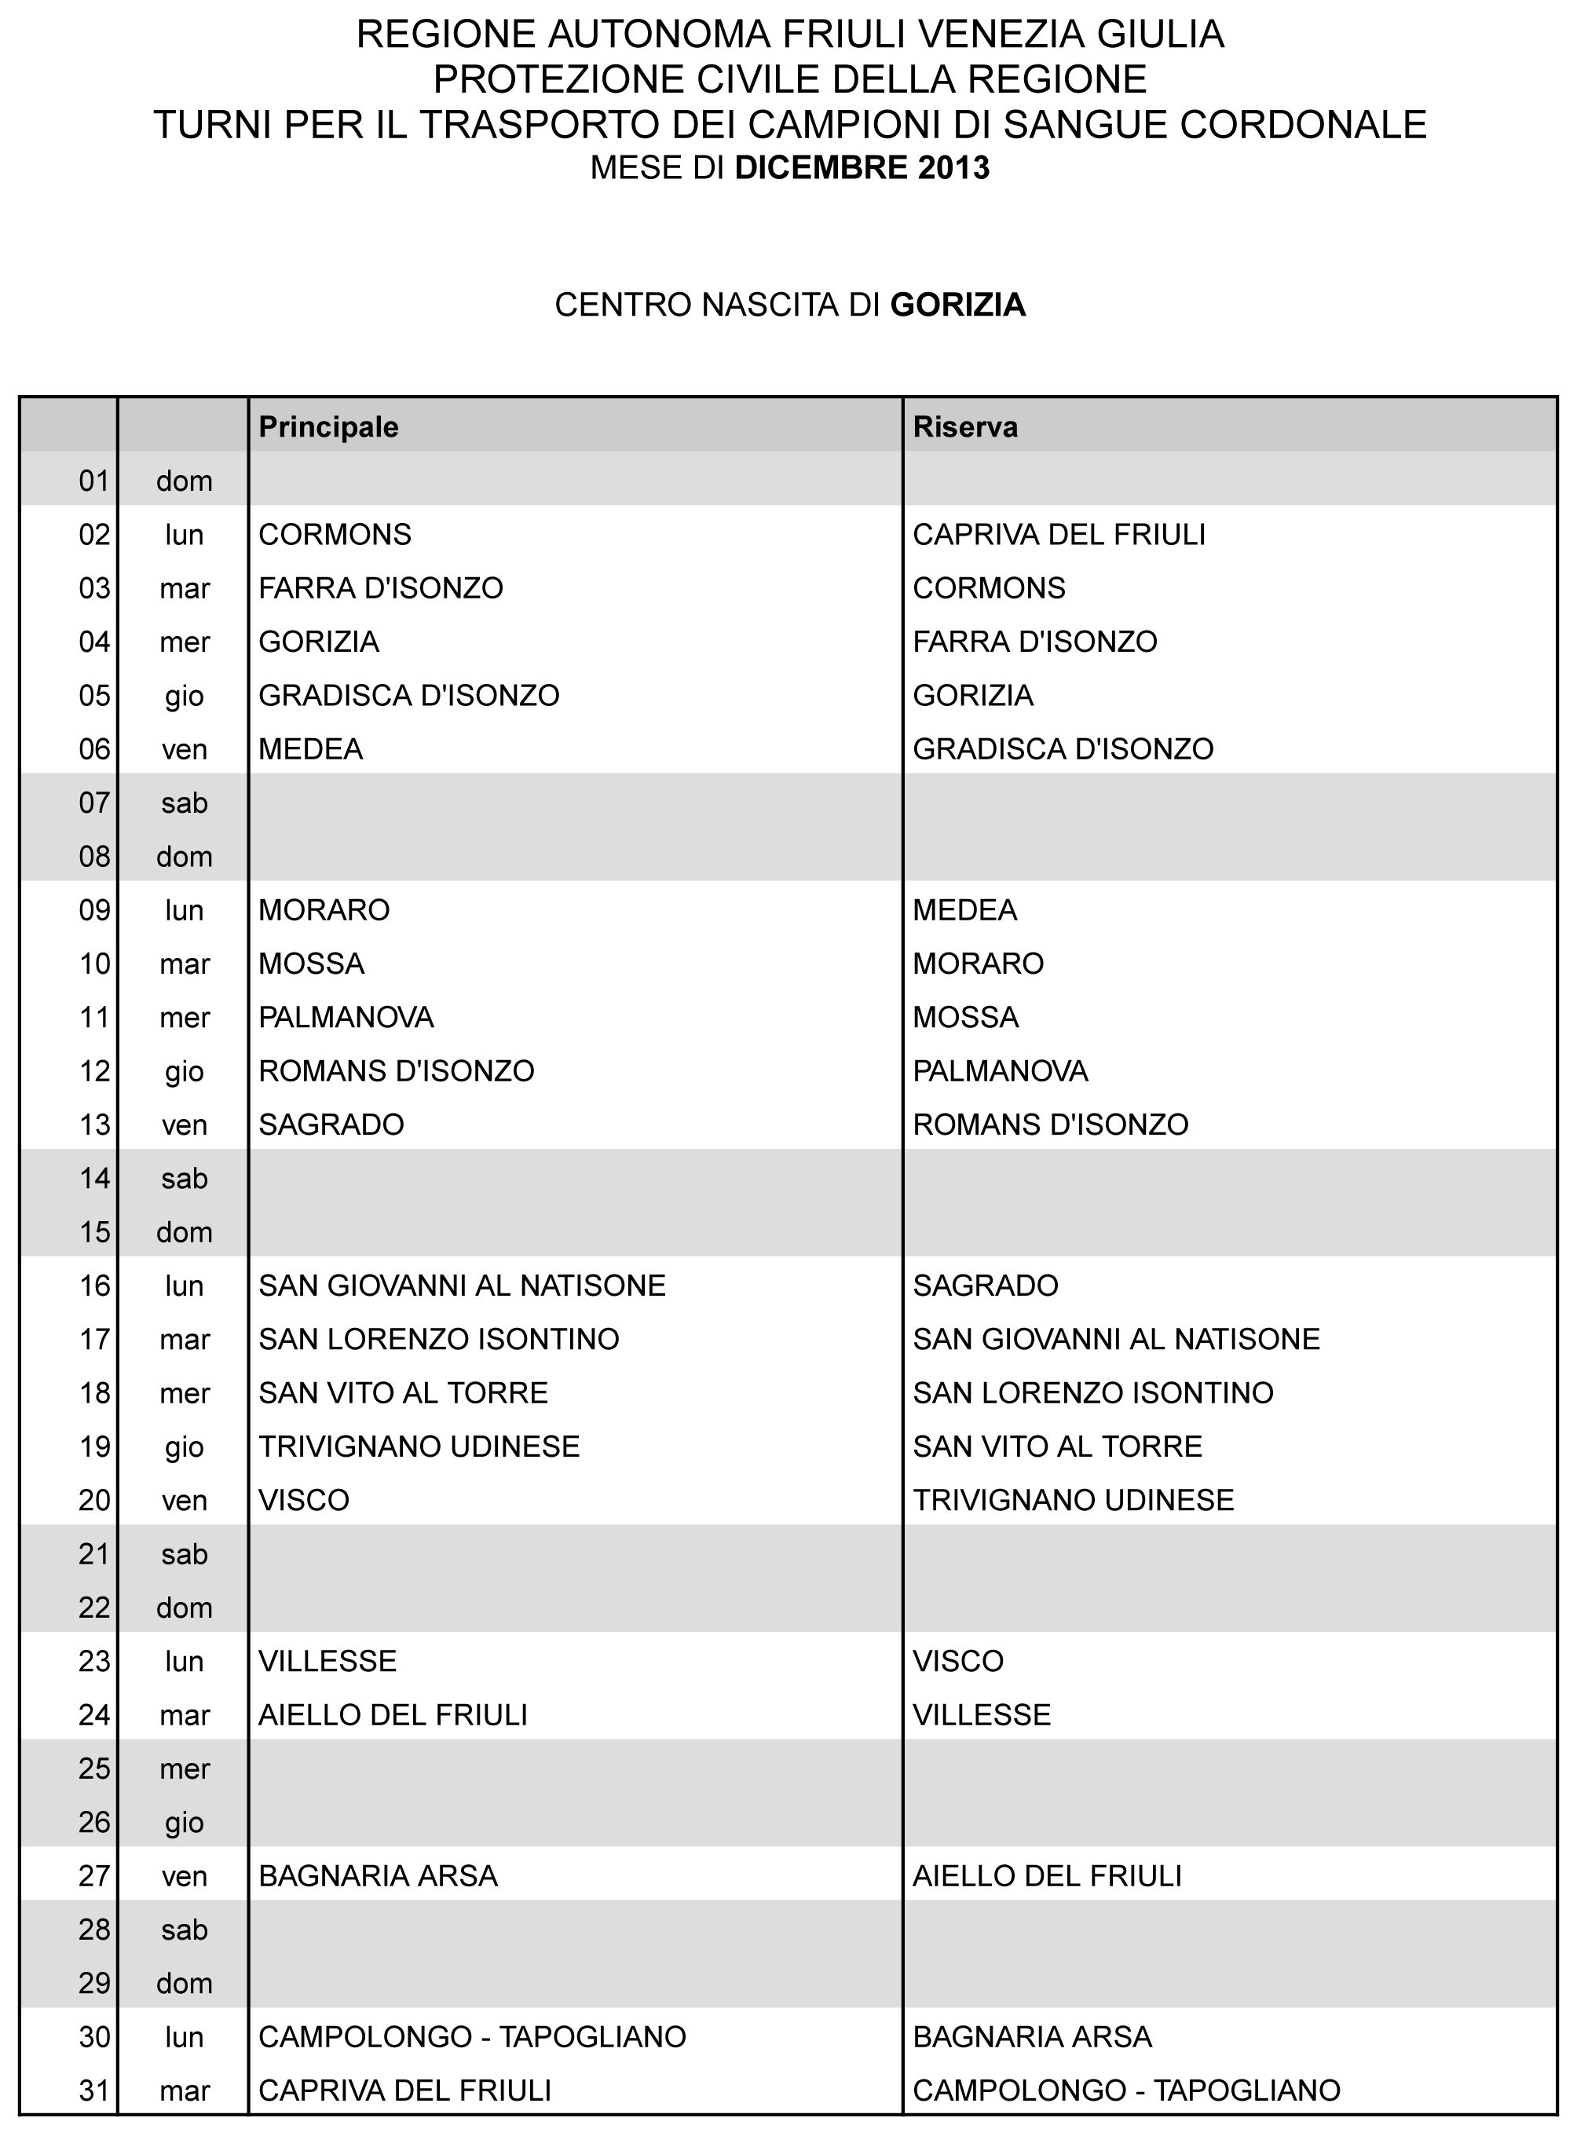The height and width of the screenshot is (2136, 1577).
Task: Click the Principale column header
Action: (x=328, y=426)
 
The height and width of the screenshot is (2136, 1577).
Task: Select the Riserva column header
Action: (x=965, y=426)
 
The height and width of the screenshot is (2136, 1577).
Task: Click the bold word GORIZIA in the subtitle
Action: (x=957, y=305)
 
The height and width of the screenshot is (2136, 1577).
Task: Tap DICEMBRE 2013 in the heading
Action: (x=862, y=168)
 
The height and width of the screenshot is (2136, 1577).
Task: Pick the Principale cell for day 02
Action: (x=335, y=535)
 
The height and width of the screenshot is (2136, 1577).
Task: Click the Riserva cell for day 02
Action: (x=1059, y=535)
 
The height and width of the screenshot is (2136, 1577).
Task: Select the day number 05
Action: (x=94, y=696)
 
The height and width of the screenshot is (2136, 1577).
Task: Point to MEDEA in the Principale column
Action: (x=311, y=749)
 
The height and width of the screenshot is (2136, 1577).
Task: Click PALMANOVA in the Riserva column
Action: (x=1001, y=1071)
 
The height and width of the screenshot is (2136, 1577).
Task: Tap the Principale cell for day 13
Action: (x=331, y=1125)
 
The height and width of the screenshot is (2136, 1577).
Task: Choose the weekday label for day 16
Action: (x=185, y=1286)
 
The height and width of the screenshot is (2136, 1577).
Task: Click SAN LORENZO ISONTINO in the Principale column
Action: (x=439, y=1339)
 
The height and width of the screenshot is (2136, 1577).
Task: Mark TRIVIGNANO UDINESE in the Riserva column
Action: (x=1073, y=1501)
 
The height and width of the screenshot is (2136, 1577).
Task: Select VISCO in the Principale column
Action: (x=305, y=1501)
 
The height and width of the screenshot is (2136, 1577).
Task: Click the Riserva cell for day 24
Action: (x=982, y=1715)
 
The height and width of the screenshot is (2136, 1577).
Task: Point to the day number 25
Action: (x=94, y=1768)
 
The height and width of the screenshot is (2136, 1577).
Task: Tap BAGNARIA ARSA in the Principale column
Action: (x=378, y=1876)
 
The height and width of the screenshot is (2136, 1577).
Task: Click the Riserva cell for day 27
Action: (x=1047, y=1876)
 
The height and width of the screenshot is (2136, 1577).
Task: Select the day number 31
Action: (x=94, y=2090)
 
